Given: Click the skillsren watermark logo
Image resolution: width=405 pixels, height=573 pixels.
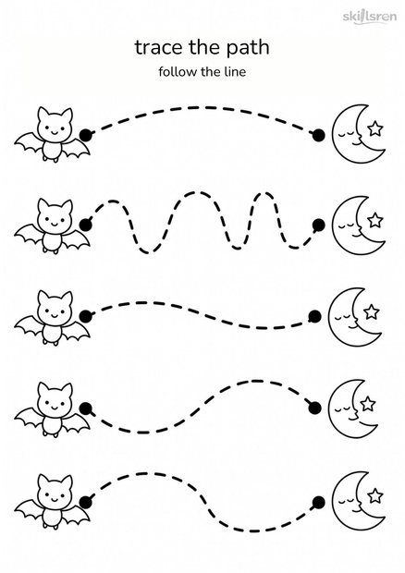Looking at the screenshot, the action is click(370, 17).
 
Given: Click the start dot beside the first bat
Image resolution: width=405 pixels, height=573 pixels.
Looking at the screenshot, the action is click(86, 135).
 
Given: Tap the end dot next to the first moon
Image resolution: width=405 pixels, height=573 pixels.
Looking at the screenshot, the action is click(318, 135).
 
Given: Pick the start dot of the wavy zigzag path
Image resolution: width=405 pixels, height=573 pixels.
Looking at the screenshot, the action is click(86, 226).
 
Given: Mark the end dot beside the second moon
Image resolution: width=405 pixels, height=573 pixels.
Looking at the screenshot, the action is click(318, 226).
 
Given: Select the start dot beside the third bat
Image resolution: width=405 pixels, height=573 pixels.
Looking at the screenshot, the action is click(86, 316).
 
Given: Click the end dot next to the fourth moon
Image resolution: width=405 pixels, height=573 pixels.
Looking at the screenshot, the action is click(314, 408).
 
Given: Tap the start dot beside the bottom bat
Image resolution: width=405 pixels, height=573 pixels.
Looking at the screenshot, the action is click(86, 501).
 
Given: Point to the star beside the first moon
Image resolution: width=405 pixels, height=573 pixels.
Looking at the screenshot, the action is click(375, 128).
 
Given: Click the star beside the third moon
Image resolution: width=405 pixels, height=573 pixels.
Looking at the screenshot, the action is click(372, 311).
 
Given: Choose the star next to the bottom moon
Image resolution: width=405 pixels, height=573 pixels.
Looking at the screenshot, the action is click(374, 496).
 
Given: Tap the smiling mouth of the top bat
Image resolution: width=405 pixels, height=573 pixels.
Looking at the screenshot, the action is click(55, 132).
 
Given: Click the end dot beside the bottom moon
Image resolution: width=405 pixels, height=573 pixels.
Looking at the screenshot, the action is click(318, 503).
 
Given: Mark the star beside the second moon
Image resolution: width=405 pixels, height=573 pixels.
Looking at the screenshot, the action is click(375, 220).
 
